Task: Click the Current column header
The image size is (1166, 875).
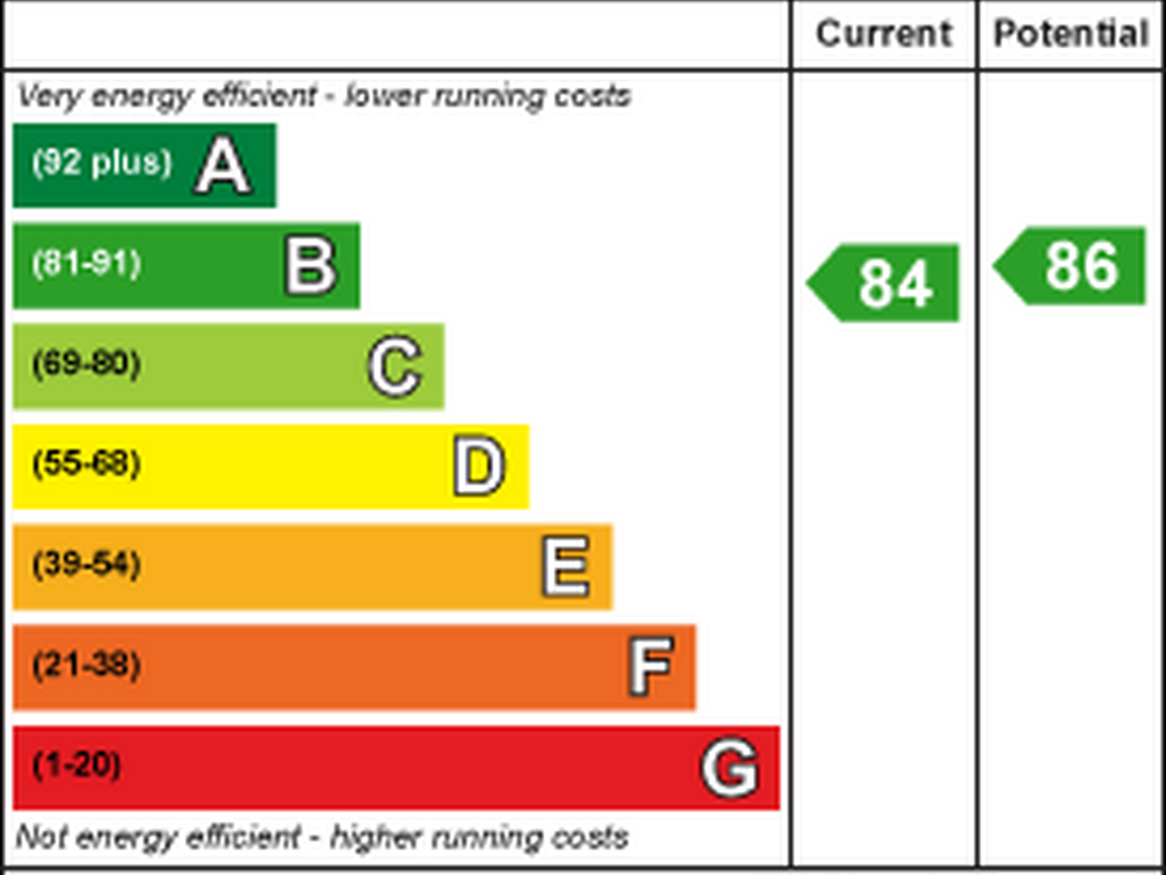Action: click(x=884, y=34)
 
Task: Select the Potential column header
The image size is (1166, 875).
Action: click(x=1071, y=34)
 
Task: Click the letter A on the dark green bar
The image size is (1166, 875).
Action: click(x=223, y=166)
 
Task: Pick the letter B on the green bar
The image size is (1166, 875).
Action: click(x=311, y=266)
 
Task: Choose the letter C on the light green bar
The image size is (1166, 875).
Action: click(x=395, y=366)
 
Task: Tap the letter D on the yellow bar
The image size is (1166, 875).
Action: click(x=479, y=466)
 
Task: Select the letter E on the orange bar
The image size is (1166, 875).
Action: click(x=566, y=566)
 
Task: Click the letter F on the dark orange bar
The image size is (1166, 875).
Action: click(x=651, y=666)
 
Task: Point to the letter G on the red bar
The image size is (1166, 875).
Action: click(x=730, y=767)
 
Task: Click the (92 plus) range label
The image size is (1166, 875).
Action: click(x=102, y=162)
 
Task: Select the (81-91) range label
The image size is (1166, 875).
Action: click(x=87, y=263)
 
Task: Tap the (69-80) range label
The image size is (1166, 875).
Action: click(x=87, y=363)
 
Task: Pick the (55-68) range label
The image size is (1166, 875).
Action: click(x=87, y=463)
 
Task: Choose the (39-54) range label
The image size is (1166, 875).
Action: click(x=87, y=564)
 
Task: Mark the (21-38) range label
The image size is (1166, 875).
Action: click(x=87, y=664)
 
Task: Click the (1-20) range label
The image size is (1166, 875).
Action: click(x=76, y=765)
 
